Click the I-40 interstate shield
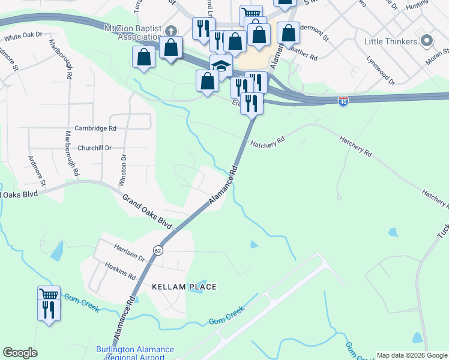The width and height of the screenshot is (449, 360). pyautogui.click(x=343, y=102)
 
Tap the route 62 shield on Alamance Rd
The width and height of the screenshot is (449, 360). pyautogui.click(x=157, y=250)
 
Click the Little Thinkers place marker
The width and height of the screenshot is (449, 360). pyautogui.click(x=427, y=41)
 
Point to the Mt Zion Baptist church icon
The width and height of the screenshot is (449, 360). pyautogui.click(x=172, y=31)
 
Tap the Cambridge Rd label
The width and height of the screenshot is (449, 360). pyautogui.click(x=95, y=128)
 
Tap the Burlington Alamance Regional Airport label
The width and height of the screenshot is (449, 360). pyautogui.click(x=135, y=353)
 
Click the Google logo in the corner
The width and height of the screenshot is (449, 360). pyautogui.click(x=20, y=353)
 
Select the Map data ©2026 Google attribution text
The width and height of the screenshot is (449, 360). pyautogui.click(x=411, y=355)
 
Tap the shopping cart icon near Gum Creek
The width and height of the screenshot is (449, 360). pyautogui.click(x=49, y=294)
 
